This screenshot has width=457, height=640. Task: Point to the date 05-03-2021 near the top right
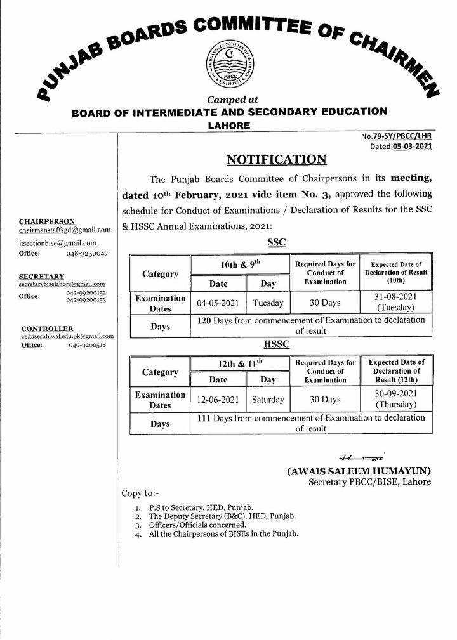pyautogui.click(x=412, y=145)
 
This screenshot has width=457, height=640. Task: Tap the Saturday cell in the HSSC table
pyautogui.click(x=267, y=400)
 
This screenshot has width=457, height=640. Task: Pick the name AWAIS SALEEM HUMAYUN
pyautogui.click(x=359, y=471)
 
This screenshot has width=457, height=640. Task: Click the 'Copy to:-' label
pyautogui.click(x=137, y=493)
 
